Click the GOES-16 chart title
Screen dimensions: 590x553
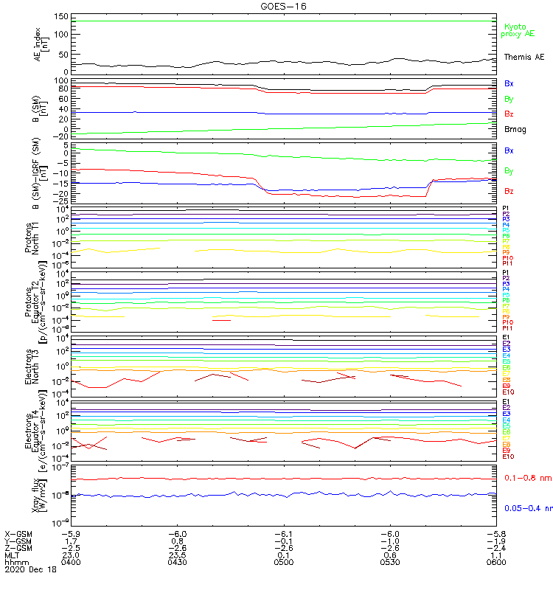pyautogui.click(x=284, y=6)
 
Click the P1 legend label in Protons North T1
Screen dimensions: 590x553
pyautogui.click(x=507, y=209)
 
